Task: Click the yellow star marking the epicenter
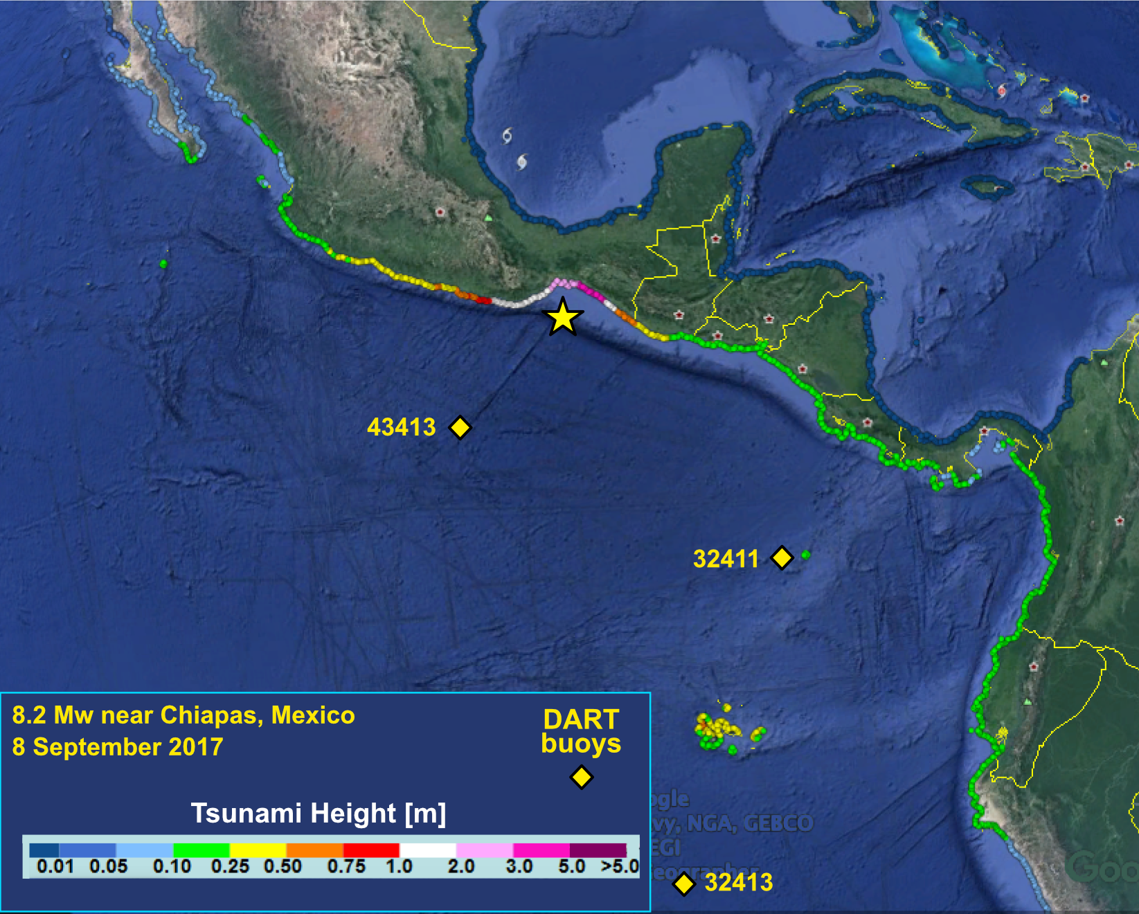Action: [x=563, y=318]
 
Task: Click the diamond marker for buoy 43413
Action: [x=460, y=427]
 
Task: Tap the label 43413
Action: [x=402, y=427]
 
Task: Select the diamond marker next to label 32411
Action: [x=782, y=557]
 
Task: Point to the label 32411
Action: [x=726, y=559]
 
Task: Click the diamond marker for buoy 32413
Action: [x=684, y=884]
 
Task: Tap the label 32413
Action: [x=739, y=882]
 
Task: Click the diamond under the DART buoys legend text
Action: [x=581, y=777]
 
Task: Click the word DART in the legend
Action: [x=581, y=719]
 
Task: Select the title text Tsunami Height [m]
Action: [x=319, y=813]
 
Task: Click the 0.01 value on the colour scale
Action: [x=55, y=866]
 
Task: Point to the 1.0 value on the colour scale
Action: [x=400, y=866]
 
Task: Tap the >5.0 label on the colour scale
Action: [x=620, y=866]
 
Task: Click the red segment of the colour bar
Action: [x=371, y=850]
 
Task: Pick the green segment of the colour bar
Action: [x=201, y=850]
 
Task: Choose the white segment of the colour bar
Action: [x=428, y=850]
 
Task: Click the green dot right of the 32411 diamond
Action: [x=806, y=555]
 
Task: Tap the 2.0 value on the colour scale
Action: [x=461, y=866]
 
